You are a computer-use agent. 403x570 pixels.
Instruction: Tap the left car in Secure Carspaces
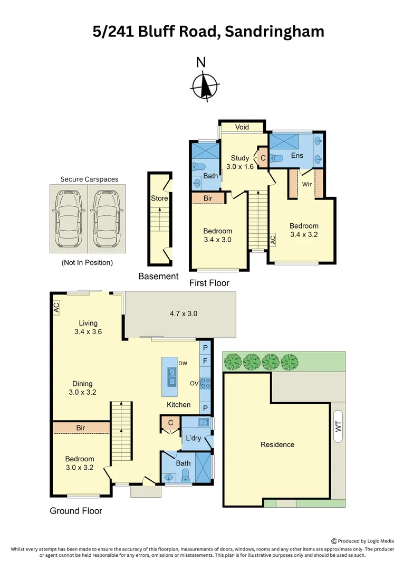(68, 218)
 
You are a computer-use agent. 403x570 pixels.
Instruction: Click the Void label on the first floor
(242, 127)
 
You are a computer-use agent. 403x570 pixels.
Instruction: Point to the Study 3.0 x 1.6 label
(240, 162)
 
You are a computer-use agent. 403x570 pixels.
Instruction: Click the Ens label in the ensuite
(297, 156)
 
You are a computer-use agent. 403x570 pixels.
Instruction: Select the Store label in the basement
(159, 198)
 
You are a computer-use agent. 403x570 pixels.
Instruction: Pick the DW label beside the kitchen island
(183, 363)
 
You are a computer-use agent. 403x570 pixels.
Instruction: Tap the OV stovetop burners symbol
(206, 384)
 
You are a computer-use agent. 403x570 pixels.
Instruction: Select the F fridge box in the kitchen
(206, 362)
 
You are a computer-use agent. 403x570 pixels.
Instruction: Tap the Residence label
(277, 444)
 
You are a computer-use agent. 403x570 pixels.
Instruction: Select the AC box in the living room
(56, 307)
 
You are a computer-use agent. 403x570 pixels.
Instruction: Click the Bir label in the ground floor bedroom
(81, 427)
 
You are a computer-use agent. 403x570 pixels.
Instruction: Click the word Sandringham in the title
(274, 32)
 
